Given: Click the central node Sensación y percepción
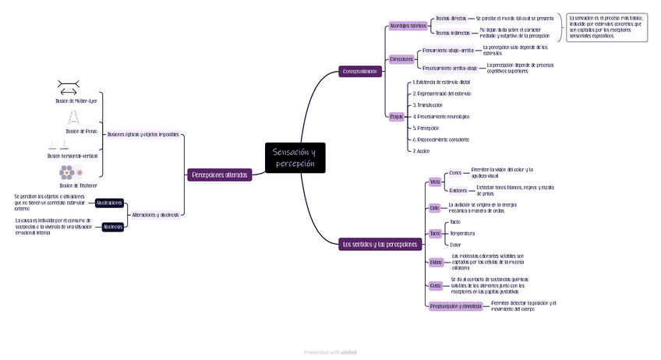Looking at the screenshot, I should (x=295, y=157).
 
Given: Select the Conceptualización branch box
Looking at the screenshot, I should (x=360, y=72).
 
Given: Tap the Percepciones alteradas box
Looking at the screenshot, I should (x=220, y=175).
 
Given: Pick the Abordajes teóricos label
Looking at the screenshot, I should (x=408, y=26).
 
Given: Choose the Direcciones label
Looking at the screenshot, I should (x=401, y=59).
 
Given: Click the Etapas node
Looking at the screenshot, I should (x=396, y=116).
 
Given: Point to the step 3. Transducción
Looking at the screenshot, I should (x=428, y=104).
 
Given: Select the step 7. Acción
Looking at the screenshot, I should (x=421, y=151).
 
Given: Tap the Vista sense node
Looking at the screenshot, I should (x=435, y=182).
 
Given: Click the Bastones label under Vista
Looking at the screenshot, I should (x=458, y=190).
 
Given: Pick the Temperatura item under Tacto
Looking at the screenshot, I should (x=462, y=233).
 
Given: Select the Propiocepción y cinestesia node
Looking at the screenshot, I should (x=456, y=306).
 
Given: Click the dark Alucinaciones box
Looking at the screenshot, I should (x=109, y=203).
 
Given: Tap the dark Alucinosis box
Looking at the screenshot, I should (x=112, y=227).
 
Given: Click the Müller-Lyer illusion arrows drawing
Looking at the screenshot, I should (x=68, y=87).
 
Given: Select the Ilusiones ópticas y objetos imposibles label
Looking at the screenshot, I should (x=143, y=134).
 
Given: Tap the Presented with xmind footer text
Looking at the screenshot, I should (x=330, y=352).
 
